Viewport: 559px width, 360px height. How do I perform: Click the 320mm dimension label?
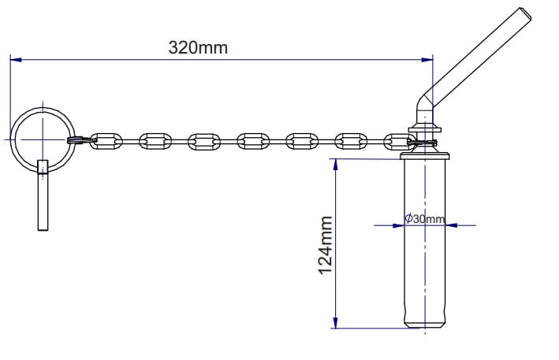click(x=198, y=46)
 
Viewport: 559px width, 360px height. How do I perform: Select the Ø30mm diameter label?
click(x=425, y=218)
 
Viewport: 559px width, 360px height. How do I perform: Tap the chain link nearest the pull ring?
click(x=106, y=141)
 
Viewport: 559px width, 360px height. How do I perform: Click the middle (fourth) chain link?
click(x=252, y=141)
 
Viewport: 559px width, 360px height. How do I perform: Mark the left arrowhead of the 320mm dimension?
click(x=15, y=59)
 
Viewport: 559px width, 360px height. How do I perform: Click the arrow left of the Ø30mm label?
click(x=397, y=225)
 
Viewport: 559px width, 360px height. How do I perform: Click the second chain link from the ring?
click(x=155, y=141)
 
